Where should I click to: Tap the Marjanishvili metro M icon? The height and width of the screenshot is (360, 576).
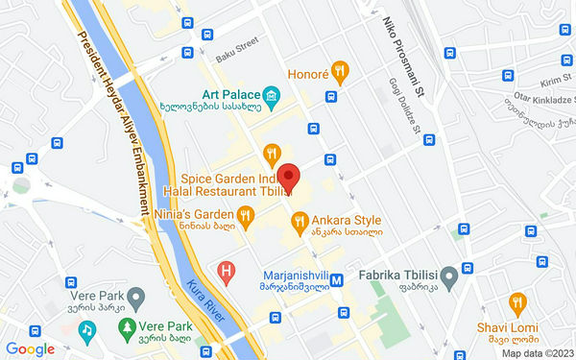point(337,280)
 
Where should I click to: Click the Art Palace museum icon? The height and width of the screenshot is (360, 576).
point(272,94)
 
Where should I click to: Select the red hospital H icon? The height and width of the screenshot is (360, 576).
point(227,272)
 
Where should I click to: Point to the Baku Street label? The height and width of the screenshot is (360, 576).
point(237,47)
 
